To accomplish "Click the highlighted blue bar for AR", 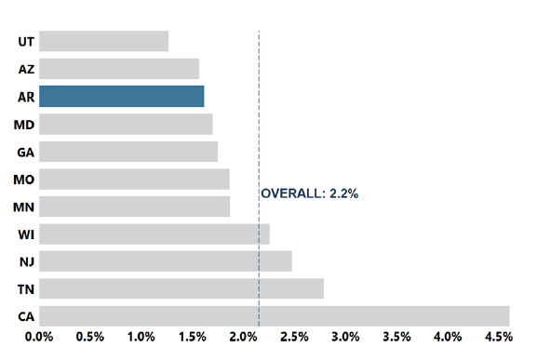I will click(121, 97).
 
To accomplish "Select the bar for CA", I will click(274, 316).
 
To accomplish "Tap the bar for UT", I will click(103, 42).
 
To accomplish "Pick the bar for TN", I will click(181, 288).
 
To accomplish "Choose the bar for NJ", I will click(166, 261).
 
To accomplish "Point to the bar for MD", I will click(126, 124).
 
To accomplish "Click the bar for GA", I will click(128, 152).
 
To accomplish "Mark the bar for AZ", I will click(119, 69).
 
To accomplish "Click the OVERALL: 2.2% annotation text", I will click(309, 193).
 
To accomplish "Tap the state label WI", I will click(26, 234).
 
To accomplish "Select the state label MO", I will click(24, 180).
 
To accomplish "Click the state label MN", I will click(24, 207).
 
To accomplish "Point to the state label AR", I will click(26, 97).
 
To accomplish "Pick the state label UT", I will click(26, 42).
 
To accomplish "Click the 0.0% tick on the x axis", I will click(39, 336).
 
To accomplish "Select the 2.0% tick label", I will click(243, 336).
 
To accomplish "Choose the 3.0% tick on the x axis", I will click(345, 336).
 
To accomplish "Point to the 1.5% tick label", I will click(192, 336).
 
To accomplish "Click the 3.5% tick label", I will click(396, 336).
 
